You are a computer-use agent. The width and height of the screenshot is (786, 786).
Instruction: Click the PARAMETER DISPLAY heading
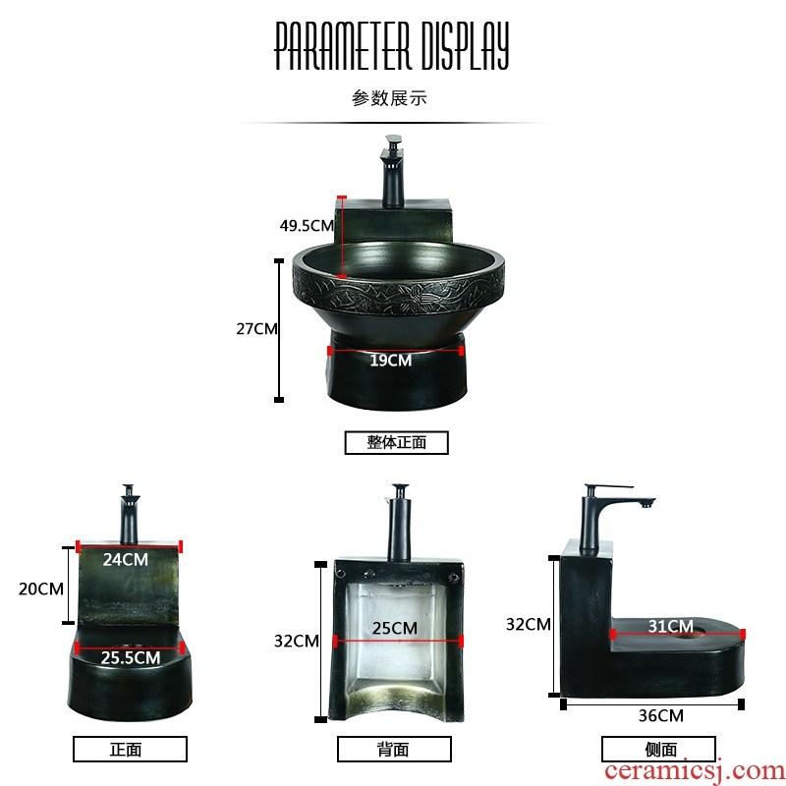coord(391,45)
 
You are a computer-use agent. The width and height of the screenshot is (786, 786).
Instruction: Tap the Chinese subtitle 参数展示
coord(389,97)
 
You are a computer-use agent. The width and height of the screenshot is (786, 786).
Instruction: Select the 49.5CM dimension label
coord(307,226)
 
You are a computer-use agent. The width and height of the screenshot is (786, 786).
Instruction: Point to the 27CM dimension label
coord(256,329)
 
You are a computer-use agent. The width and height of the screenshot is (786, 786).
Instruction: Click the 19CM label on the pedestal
coord(391,361)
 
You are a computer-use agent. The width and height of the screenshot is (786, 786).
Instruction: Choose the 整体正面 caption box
coord(397,443)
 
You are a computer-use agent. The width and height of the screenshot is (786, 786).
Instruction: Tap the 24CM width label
coord(126,559)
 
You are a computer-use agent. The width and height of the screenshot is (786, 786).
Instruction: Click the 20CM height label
coord(41,589)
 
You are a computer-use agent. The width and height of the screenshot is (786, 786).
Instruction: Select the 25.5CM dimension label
coord(131,657)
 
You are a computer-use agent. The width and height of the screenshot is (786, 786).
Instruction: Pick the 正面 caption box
coord(130,750)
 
